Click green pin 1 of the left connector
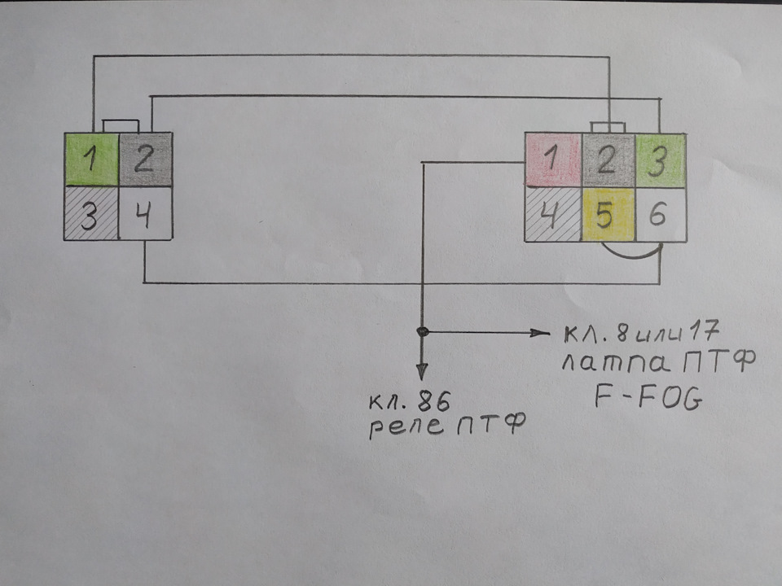pos(92,159)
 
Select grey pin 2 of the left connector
pos(145,159)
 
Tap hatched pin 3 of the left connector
pos(91,213)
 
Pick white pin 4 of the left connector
pos(145,213)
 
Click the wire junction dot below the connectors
pos(422,332)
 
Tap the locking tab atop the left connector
pos(119,125)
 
